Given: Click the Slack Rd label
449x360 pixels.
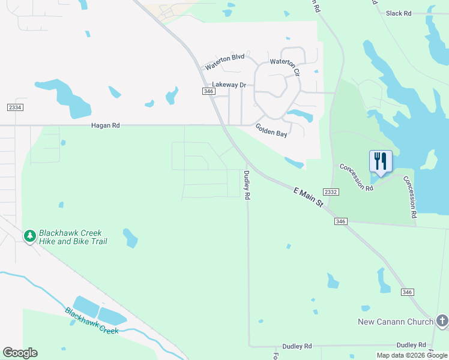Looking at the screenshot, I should (x=399, y=13).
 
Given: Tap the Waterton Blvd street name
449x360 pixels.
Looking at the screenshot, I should (x=224, y=58).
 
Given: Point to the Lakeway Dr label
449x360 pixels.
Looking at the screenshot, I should (x=229, y=85).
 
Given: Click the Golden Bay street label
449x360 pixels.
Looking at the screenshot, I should (x=271, y=130).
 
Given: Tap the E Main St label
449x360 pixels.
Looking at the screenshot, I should (x=309, y=197).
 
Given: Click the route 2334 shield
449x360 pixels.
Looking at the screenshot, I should (x=16, y=107).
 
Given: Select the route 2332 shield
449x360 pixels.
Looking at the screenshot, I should (x=331, y=191).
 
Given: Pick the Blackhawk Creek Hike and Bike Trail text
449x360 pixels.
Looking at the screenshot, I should (x=73, y=237).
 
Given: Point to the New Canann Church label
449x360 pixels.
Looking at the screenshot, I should (x=396, y=322).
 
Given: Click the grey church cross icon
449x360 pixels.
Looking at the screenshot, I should (x=442, y=321).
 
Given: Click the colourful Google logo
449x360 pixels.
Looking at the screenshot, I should (x=20, y=353).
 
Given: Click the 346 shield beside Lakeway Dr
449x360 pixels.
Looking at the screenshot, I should (x=208, y=91).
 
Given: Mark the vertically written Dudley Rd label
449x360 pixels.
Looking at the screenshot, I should (x=247, y=185).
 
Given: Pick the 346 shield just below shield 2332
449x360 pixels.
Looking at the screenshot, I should (x=340, y=221).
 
